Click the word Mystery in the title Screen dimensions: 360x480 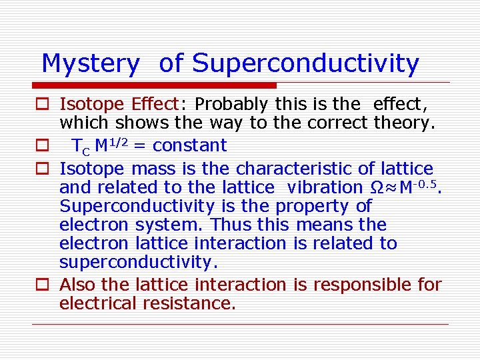point(90,64)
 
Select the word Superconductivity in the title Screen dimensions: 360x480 point(305,64)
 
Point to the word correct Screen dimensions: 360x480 point(337,123)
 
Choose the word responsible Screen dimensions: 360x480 point(361,285)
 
